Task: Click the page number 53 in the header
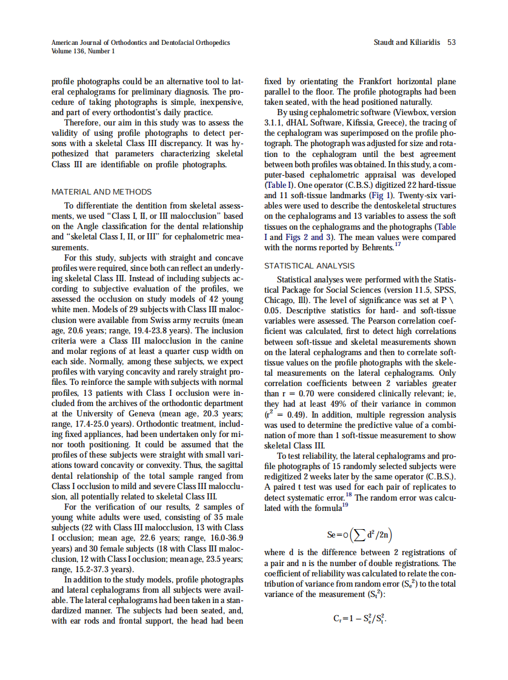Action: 451,43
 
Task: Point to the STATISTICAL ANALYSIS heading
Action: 310,265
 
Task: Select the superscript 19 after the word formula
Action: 344,505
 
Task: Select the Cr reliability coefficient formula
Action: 360,620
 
